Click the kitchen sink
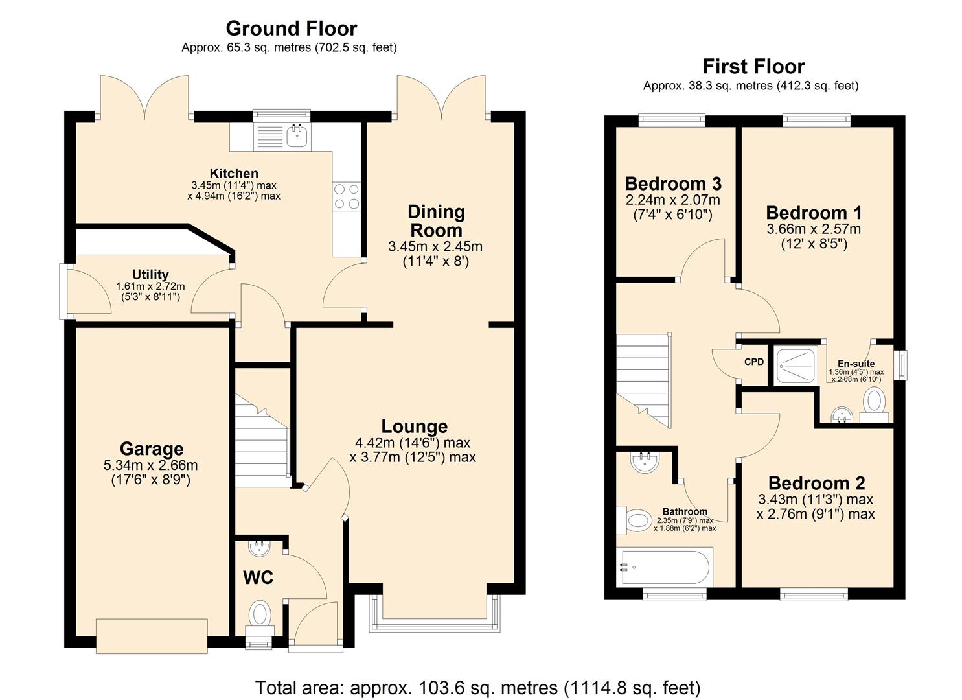[297, 136]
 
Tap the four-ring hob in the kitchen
[347, 196]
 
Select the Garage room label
[151, 449]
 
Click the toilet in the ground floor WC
[260, 613]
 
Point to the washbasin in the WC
[260, 548]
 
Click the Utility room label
[150, 274]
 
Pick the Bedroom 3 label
[672, 183]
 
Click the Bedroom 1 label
[814, 213]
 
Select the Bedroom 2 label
[816, 483]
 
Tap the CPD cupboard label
[754, 362]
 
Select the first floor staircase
[642, 379]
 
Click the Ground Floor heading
[291, 29]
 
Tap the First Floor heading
[753, 66]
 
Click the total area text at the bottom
[477, 687]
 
